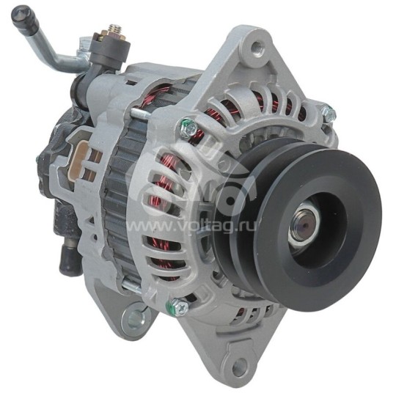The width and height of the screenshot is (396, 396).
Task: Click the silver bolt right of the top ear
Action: click(326, 114)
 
